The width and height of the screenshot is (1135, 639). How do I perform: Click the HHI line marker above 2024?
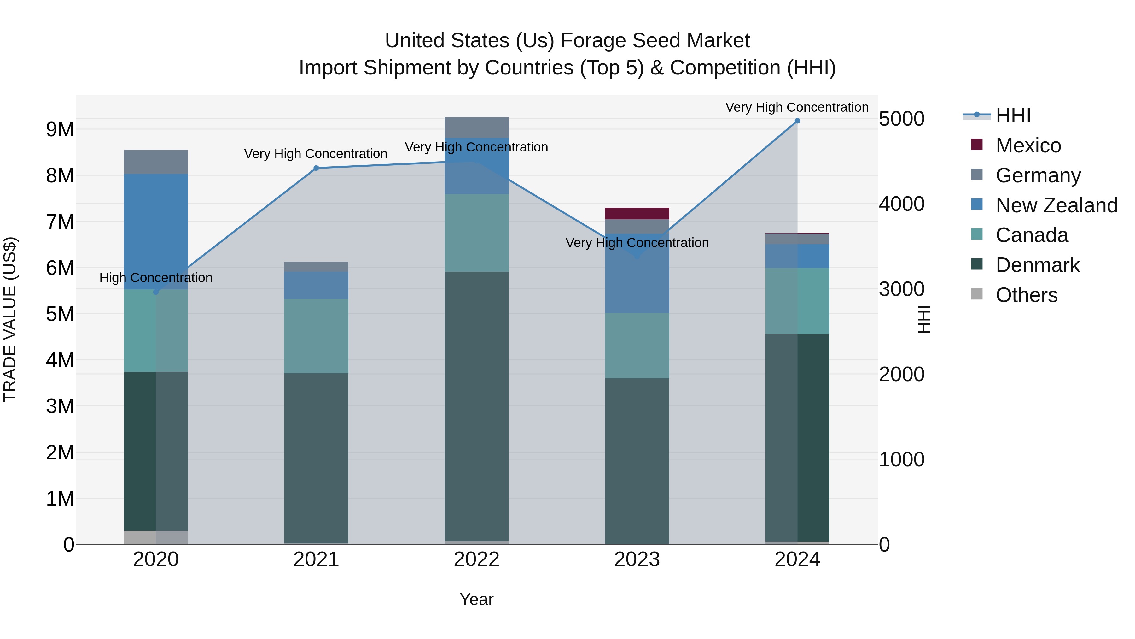click(797, 121)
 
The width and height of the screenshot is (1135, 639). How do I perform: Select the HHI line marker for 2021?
click(316, 168)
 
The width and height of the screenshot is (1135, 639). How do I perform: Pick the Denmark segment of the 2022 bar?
click(476, 406)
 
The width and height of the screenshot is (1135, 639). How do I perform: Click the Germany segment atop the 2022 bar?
click(476, 127)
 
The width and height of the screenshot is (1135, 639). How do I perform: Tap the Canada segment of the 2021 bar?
click(316, 336)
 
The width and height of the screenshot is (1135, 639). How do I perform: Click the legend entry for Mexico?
click(1028, 145)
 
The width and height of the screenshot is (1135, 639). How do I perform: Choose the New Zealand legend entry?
click(1056, 205)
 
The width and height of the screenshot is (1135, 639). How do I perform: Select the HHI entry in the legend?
click(1012, 115)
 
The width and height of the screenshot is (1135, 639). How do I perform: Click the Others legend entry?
click(1026, 295)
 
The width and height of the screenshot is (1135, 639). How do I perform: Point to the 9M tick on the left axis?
click(60, 130)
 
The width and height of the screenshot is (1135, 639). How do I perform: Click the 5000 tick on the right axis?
click(901, 119)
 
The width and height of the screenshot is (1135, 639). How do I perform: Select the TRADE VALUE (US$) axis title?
click(10, 319)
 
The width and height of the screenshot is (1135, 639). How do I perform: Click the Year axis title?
click(476, 599)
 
